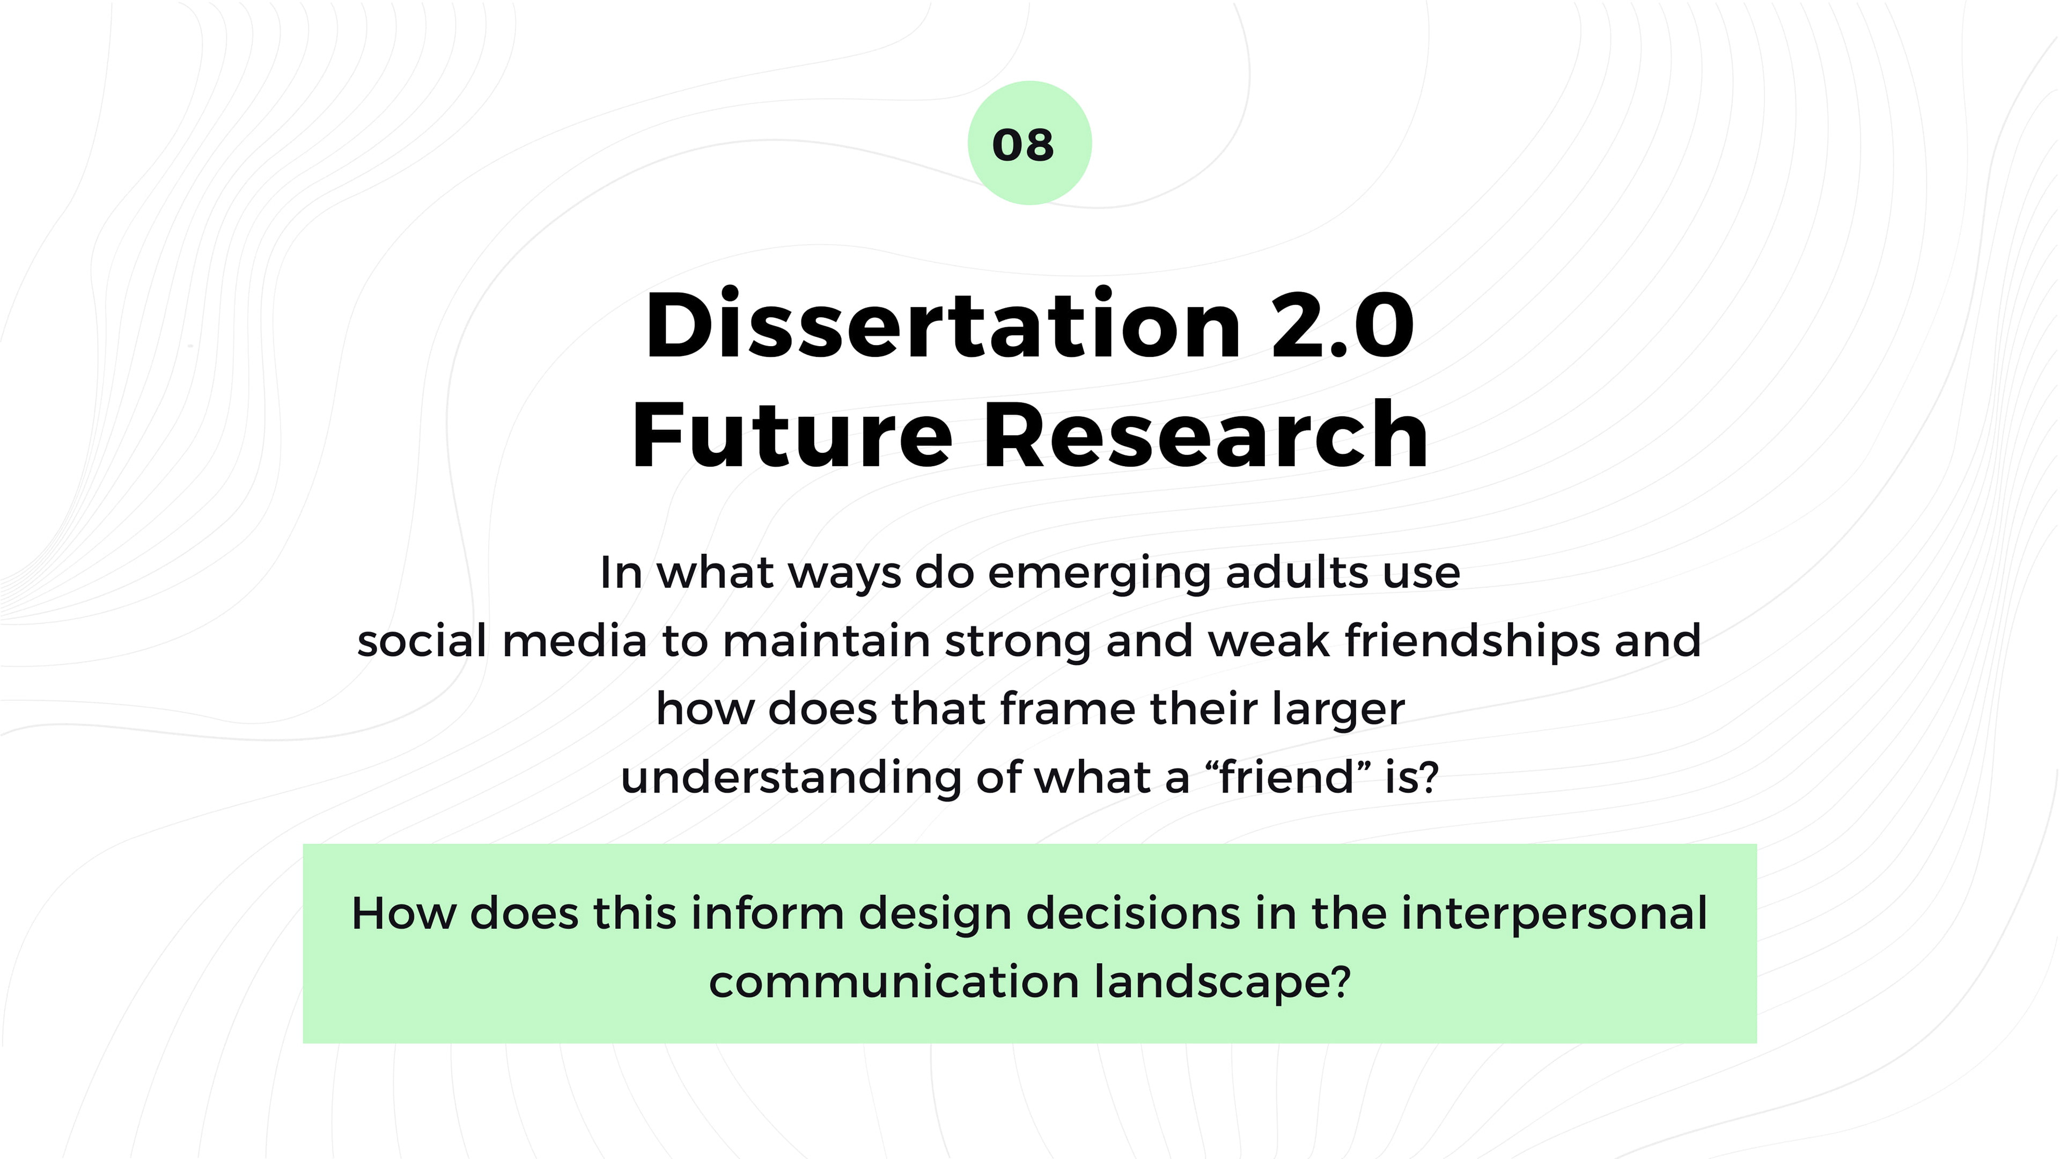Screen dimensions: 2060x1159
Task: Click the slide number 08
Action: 1023,145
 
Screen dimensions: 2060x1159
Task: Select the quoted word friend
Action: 1287,776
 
